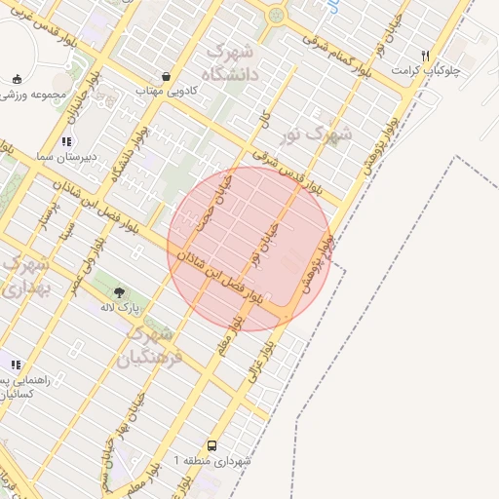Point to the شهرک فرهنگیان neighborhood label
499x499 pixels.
[148, 346]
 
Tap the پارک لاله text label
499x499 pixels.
[121, 307]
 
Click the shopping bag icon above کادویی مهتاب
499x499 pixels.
[167, 75]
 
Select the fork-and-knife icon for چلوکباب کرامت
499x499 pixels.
[425, 56]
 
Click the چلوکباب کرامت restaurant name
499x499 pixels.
[429, 71]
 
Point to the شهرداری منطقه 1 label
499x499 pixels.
[212, 460]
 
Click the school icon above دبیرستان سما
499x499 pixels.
[66, 140]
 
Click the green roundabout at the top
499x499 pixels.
[277, 15]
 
